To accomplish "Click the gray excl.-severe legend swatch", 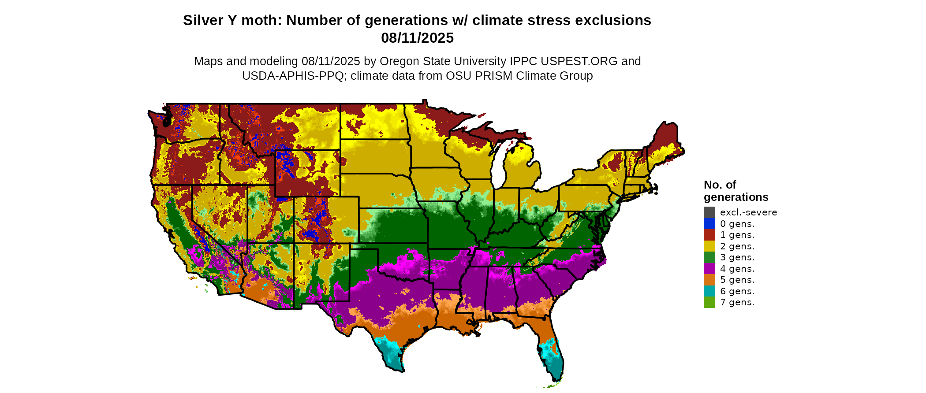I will [709, 212].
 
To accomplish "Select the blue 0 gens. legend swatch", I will [709, 224].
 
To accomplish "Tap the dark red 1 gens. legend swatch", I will [709, 235].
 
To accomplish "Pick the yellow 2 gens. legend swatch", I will [709, 246].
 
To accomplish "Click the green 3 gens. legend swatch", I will [709, 257].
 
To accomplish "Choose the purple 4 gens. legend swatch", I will [709, 269].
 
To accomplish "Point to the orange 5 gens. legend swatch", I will [709, 280].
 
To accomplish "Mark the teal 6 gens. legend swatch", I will [709, 291].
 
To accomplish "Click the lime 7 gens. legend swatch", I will [709, 302].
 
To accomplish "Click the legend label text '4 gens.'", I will [737, 269].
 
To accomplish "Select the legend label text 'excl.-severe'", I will [748, 212].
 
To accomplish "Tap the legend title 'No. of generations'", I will [736, 191].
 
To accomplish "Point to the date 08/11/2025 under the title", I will [417, 38].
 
